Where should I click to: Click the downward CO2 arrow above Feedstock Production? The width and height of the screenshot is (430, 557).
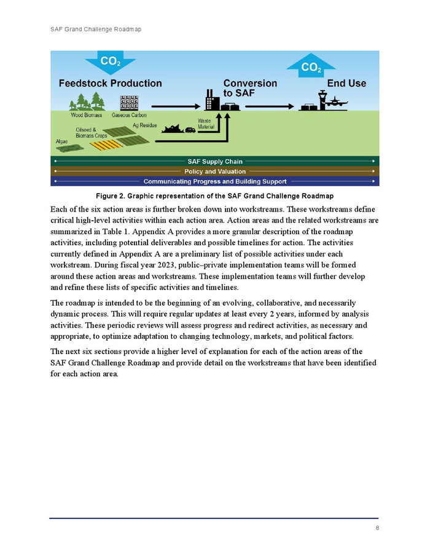(x=110, y=62)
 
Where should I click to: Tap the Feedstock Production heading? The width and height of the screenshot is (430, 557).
(x=110, y=83)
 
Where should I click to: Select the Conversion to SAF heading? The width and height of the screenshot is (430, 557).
(x=249, y=88)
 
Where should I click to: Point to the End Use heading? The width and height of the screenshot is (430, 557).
(x=346, y=83)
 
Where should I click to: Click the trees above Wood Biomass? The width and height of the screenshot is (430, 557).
(x=86, y=101)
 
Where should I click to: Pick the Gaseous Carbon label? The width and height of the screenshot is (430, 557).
(x=129, y=115)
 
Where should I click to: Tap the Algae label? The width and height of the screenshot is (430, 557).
(x=62, y=141)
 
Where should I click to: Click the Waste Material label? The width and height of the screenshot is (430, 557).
(x=205, y=124)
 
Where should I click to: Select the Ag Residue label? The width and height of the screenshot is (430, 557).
(x=144, y=125)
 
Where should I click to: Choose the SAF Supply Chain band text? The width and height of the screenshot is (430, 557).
(x=214, y=162)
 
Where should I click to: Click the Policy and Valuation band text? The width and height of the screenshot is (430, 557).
(x=214, y=172)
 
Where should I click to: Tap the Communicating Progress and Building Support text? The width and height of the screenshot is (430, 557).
(x=214, y=181)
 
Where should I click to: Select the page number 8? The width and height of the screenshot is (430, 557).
(x=377, y=528)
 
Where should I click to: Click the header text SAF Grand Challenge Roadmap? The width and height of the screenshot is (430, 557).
(x=95, y=30)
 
